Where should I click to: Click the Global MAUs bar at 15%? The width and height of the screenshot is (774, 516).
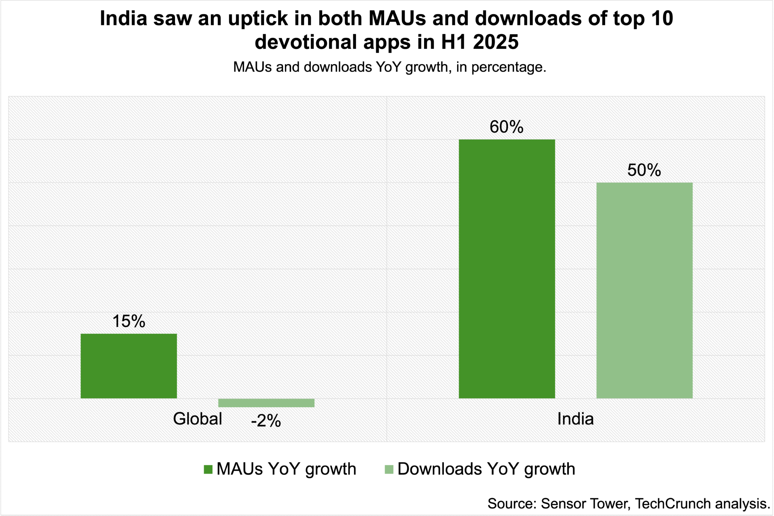[129, 366]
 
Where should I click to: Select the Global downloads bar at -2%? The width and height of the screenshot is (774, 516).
[266, 403]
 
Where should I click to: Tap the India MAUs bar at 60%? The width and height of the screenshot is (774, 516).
[507, 269]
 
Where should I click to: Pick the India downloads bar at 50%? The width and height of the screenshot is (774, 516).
[644, 290]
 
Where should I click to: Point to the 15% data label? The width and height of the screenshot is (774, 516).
[129, 321]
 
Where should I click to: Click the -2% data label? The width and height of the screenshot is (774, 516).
[266, 421]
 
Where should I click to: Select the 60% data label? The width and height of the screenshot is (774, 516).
[506, 127]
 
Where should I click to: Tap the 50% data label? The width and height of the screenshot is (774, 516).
[644, 170]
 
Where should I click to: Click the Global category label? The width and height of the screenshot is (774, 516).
[198, 419]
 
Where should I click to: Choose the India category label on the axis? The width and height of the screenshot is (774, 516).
[575, 419]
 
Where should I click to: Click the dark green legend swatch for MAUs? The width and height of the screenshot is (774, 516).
[208, 469]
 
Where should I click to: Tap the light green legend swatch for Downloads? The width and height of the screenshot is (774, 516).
[389, 469]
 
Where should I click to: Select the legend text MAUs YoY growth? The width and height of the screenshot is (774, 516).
[286, 469]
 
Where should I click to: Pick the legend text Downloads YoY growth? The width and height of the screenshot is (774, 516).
[486, 469]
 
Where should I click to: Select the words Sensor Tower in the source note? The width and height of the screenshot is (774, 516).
[585, 504]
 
